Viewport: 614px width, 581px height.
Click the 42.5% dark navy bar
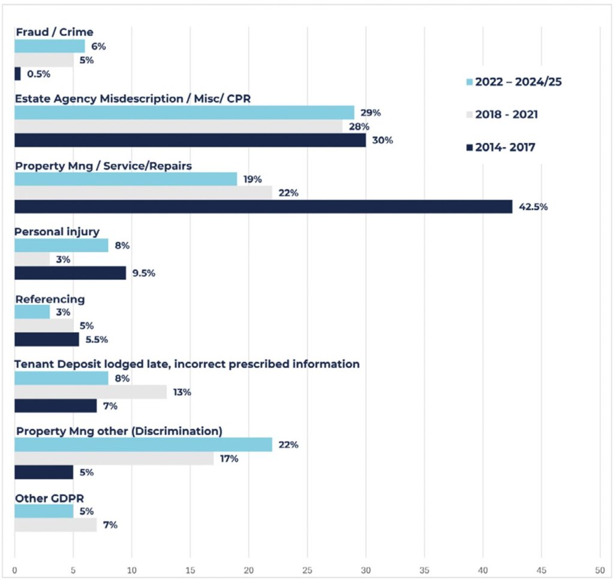263,207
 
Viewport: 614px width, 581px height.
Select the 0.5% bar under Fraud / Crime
17,74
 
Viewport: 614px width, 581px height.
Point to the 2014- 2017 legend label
505,147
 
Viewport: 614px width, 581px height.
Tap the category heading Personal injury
57,232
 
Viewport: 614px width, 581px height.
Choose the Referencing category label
50,299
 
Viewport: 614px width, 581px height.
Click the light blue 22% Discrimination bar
143,445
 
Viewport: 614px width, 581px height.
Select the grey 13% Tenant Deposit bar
90,392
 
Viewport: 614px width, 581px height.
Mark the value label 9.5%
144,273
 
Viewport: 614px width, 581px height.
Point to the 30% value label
382,140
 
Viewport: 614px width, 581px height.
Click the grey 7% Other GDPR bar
55,525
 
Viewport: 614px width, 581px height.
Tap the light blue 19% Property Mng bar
125,179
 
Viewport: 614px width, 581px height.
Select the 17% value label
229,459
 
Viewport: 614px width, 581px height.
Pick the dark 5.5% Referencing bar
47,339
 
